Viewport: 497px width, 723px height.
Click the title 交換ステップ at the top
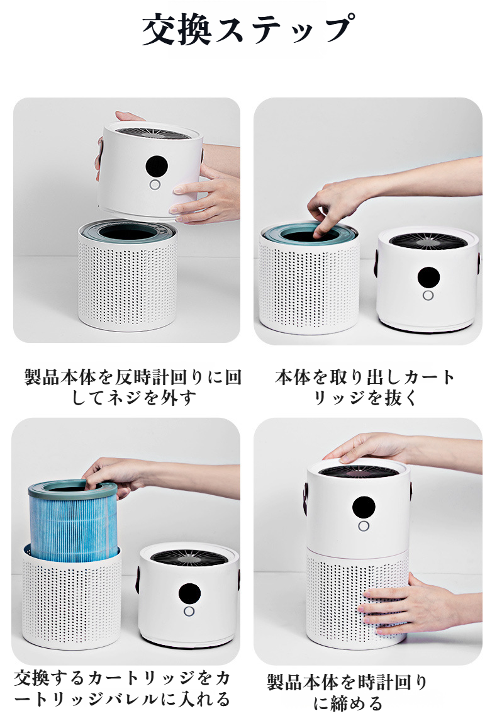(248, 30)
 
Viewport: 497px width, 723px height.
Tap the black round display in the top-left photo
(157, 166)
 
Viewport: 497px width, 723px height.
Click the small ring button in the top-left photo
(155, 186)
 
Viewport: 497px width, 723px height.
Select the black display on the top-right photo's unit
(428, 277)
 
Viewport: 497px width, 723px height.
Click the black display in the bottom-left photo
(189, 593)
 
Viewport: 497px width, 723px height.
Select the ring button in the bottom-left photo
(189, 612)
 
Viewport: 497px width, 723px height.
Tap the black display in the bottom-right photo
(364, 507)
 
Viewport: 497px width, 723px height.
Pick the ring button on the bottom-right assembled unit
(363, 526)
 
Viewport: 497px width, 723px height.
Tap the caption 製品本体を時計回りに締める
(347, 693)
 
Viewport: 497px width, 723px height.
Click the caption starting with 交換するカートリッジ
(121, 688)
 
